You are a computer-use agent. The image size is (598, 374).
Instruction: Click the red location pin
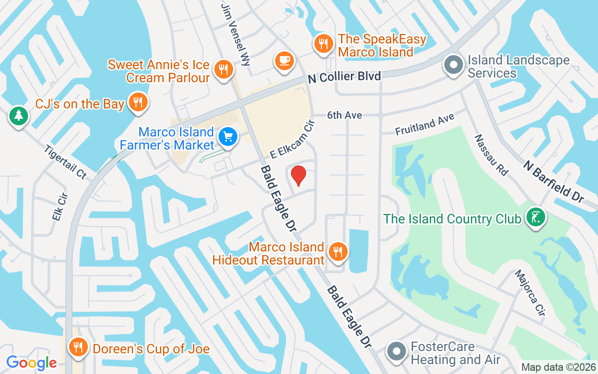point(298,175)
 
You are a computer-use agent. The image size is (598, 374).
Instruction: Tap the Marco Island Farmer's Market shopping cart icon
point(228,137)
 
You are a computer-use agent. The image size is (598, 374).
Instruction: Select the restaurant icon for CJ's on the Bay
point(138,102)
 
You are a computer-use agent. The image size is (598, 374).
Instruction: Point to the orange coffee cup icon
point(284,60)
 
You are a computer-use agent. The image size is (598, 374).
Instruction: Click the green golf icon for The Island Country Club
point(535,217)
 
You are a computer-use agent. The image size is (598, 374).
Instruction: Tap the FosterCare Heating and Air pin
point(397,351)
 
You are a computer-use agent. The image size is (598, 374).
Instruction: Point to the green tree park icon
point(19,115)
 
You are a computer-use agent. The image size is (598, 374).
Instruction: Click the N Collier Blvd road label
point(344,76)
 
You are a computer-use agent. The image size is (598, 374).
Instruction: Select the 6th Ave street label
point(344,115)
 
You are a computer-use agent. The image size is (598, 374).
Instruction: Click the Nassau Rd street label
point(491,155)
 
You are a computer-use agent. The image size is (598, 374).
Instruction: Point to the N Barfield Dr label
point(554,181)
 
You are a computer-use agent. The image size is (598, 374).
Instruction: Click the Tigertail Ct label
point(65,162)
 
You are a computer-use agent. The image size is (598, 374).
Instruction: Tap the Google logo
point(31,362)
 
